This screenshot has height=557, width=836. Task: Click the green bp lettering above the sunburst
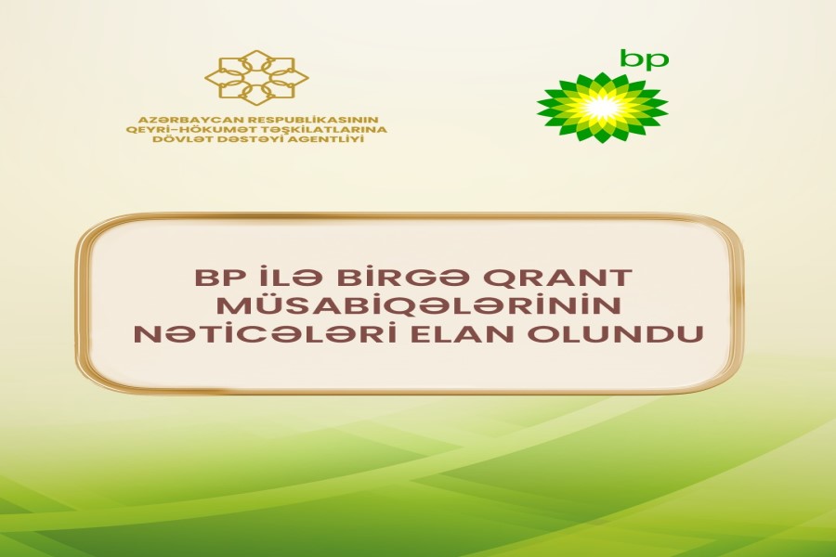tap(644, 58)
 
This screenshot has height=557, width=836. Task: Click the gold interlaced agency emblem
tap(256, 75)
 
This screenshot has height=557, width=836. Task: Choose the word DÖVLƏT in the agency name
tap(172, 139)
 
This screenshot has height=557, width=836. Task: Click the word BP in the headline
tap(210, 278)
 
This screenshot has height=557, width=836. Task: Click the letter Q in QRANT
tap(511, 278)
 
